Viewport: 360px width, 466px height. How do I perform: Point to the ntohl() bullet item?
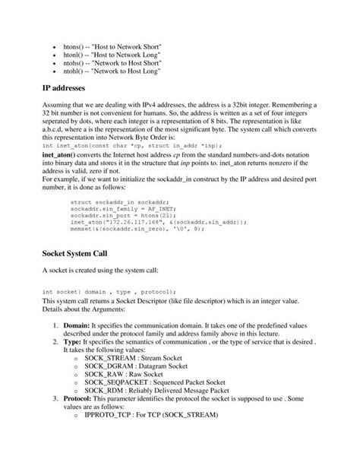click(113, 72)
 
